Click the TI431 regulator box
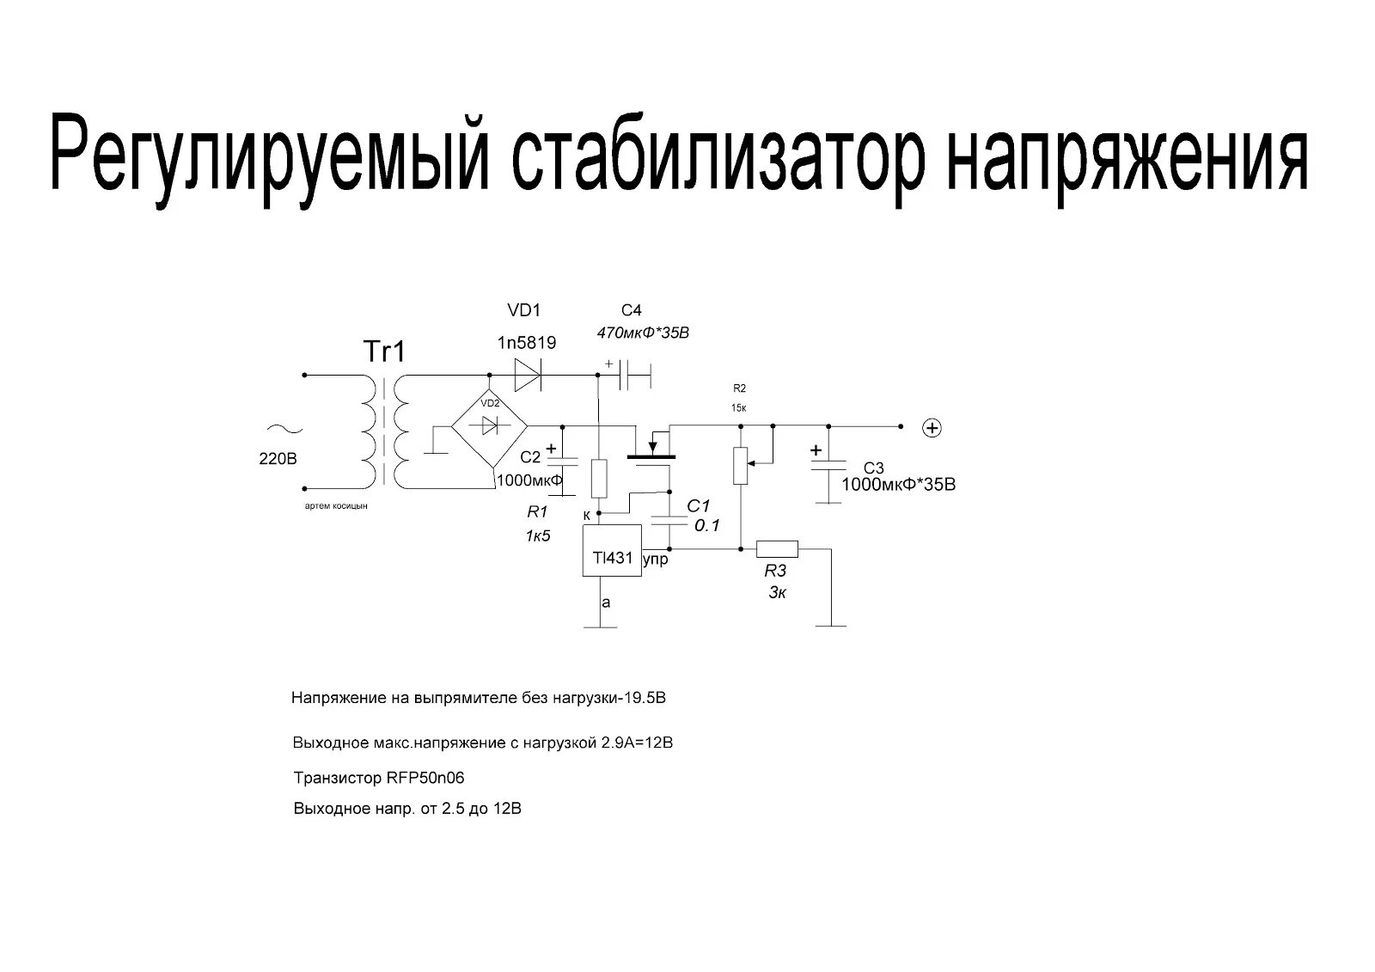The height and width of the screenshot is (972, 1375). click(x=612, y=551)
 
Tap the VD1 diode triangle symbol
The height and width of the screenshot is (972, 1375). click(x=526, y=375)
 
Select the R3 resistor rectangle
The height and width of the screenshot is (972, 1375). click(x=777, y=549)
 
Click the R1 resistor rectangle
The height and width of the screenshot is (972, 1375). click(x=600, y=480)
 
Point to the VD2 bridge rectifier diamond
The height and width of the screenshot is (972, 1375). click(x=490, y=425)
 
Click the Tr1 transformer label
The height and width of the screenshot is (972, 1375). click(x=383, y=352)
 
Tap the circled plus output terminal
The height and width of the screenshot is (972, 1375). click(x=932, y=427)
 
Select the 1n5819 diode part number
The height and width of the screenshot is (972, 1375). click(x=526, y=343)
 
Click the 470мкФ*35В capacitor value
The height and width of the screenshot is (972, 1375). click(x=642, y=333)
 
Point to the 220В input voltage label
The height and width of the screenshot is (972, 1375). click(x=278, y=459)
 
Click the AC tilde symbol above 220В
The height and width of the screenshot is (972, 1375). click(x=278, y=430)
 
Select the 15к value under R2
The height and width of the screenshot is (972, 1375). click(x=738, y=407)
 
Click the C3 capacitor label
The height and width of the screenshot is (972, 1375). click(x=873, y=468)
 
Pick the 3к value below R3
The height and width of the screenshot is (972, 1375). click(x=777, y=592)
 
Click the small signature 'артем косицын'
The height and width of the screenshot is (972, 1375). click(x=336, y=507)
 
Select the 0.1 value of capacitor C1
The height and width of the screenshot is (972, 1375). click(x=706, y=526)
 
